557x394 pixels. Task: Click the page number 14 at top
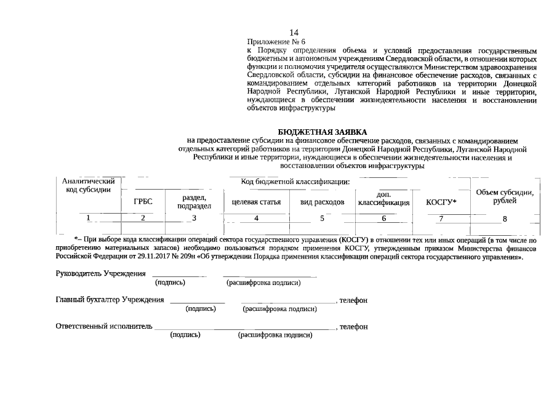[294, 32]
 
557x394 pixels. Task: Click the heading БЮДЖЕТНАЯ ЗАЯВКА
[322, 132]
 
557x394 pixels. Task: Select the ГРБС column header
[143, 201]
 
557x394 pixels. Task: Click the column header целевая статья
[256, 202]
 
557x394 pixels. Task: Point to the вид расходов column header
[323, 202]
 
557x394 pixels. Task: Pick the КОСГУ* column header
[441, 202]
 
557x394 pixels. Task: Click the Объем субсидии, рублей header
[505, 197]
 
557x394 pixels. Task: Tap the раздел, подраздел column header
[194, 201]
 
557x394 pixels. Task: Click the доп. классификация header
[383, 198]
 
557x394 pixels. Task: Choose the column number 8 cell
[505, 219]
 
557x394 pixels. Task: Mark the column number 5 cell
[322, 218]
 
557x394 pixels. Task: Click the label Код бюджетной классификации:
[295, 182]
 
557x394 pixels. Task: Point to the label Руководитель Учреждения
[101, 273]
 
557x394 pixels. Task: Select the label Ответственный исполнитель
[103, 326]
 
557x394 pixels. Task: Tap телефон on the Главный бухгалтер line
[354, 300]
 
